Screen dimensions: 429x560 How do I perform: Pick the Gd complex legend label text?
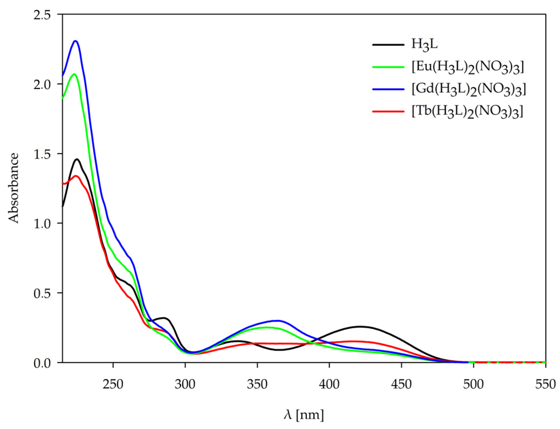(x=468, y=90)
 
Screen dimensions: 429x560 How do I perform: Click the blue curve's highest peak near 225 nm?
(x=75, y=41)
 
